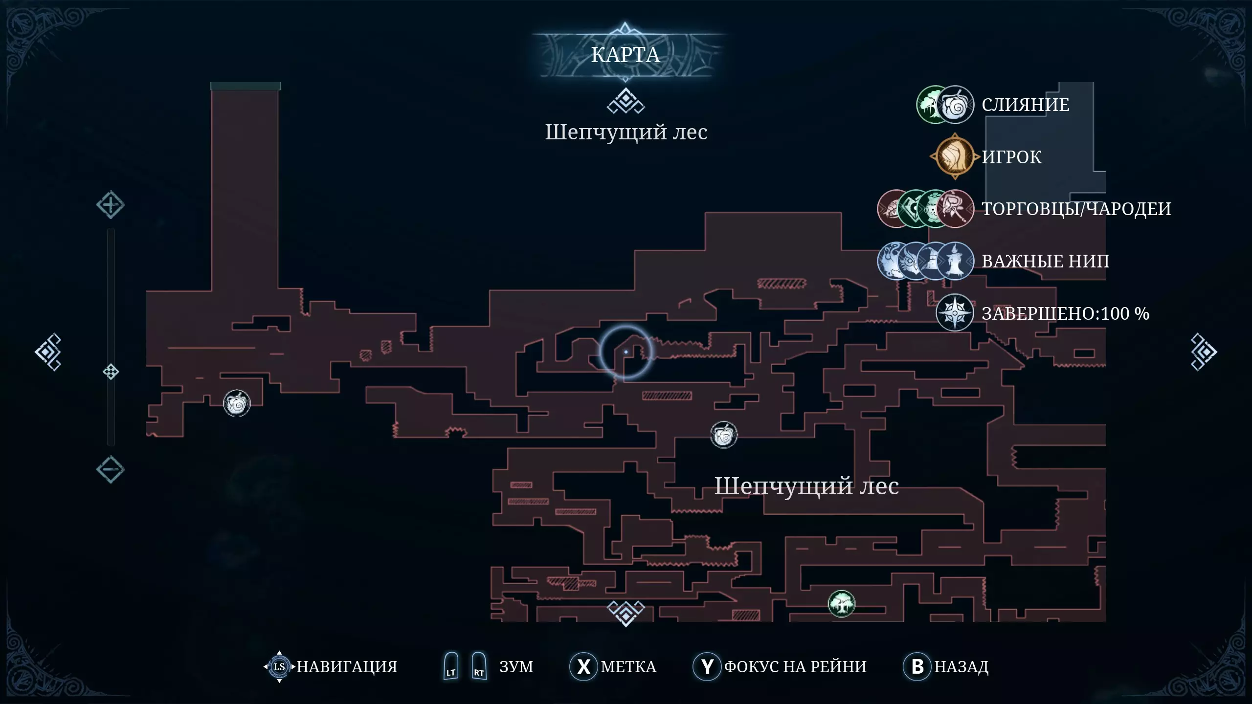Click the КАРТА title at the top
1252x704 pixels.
[x=626, y=55]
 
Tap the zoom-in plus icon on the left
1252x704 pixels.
[x=111, y=205]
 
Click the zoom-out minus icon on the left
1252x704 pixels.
[x=111, y=469]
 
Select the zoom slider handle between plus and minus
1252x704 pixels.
[x=111, y=372]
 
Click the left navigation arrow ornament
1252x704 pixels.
[x=48, y=352]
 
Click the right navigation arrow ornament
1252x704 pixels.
[x=1203, y=352]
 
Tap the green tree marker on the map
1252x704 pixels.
[x=841, y=604]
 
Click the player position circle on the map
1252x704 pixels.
[x=626, y=352]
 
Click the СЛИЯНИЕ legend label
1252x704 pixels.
[x=1026, y=105]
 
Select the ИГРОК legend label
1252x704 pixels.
[x=1011, y=157]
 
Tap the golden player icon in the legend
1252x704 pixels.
[x=955, y=156]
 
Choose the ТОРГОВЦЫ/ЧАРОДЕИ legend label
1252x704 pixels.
[x=1076, y=209]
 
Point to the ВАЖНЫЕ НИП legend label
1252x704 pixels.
[x=1046, y=261]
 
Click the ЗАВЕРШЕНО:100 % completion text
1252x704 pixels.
[x=1066, y=313]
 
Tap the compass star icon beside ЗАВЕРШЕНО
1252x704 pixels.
[x=955, y=313]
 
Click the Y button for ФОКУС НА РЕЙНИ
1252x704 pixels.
[x=707, y=666]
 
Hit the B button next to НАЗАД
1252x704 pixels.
[x=917, y=666]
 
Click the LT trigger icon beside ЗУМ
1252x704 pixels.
[x=451, y=666]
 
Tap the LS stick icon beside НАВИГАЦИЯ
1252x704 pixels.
[x=279, y=666]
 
